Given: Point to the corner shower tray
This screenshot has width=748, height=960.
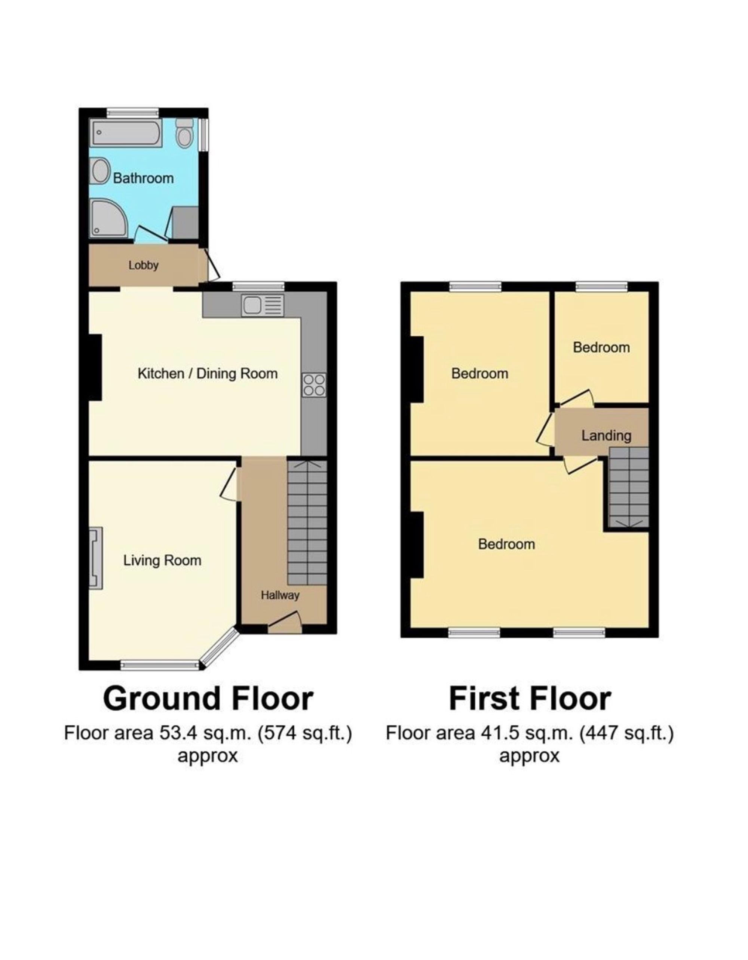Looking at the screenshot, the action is [110, 218].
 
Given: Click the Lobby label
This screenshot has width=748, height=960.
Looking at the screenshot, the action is [143, 266].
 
